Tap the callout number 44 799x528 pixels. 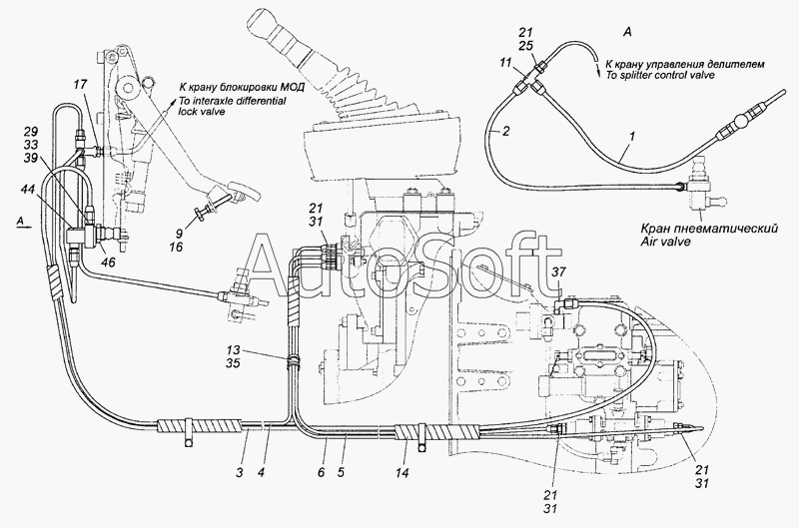[29, 190]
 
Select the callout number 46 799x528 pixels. [108, 263]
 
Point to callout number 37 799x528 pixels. [559, 272]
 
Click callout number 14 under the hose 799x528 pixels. [401, 473]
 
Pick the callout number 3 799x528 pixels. [239, 472]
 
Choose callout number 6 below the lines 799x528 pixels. [321, 472]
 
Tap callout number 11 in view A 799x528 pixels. [505, 63]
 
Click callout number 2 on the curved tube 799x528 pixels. [505, 132]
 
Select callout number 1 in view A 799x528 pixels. [631, 137]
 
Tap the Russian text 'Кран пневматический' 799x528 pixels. [709, 229]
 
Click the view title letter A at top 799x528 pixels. [627, 32]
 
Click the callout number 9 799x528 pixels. [179, 235]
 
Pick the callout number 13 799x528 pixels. [233, 349]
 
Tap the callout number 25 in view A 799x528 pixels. [526, 45]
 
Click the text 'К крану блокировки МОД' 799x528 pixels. [242, 87]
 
